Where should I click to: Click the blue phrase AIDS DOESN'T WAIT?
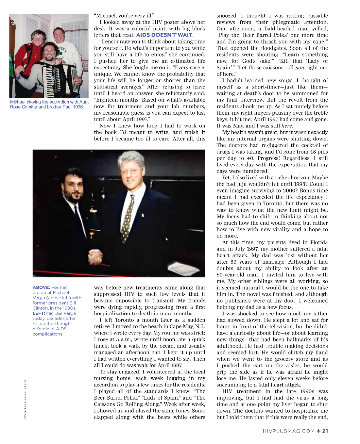[x=164, y=35]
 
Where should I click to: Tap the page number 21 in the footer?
[x=325, y=431]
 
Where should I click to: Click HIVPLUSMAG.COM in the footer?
[x=289, y=431]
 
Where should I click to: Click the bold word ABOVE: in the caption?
[x=41, y=288]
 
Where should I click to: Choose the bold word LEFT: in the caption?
[x=39, y=313]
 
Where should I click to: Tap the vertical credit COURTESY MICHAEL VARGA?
[x=25, y=399]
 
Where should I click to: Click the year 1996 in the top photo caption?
[x=78, y=107]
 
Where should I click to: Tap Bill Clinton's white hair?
[x=131, y=158]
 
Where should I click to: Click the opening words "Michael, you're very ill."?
[x=124, y=16]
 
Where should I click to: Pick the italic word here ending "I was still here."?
[x=286, y=126]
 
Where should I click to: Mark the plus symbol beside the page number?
[x=318, y=431]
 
